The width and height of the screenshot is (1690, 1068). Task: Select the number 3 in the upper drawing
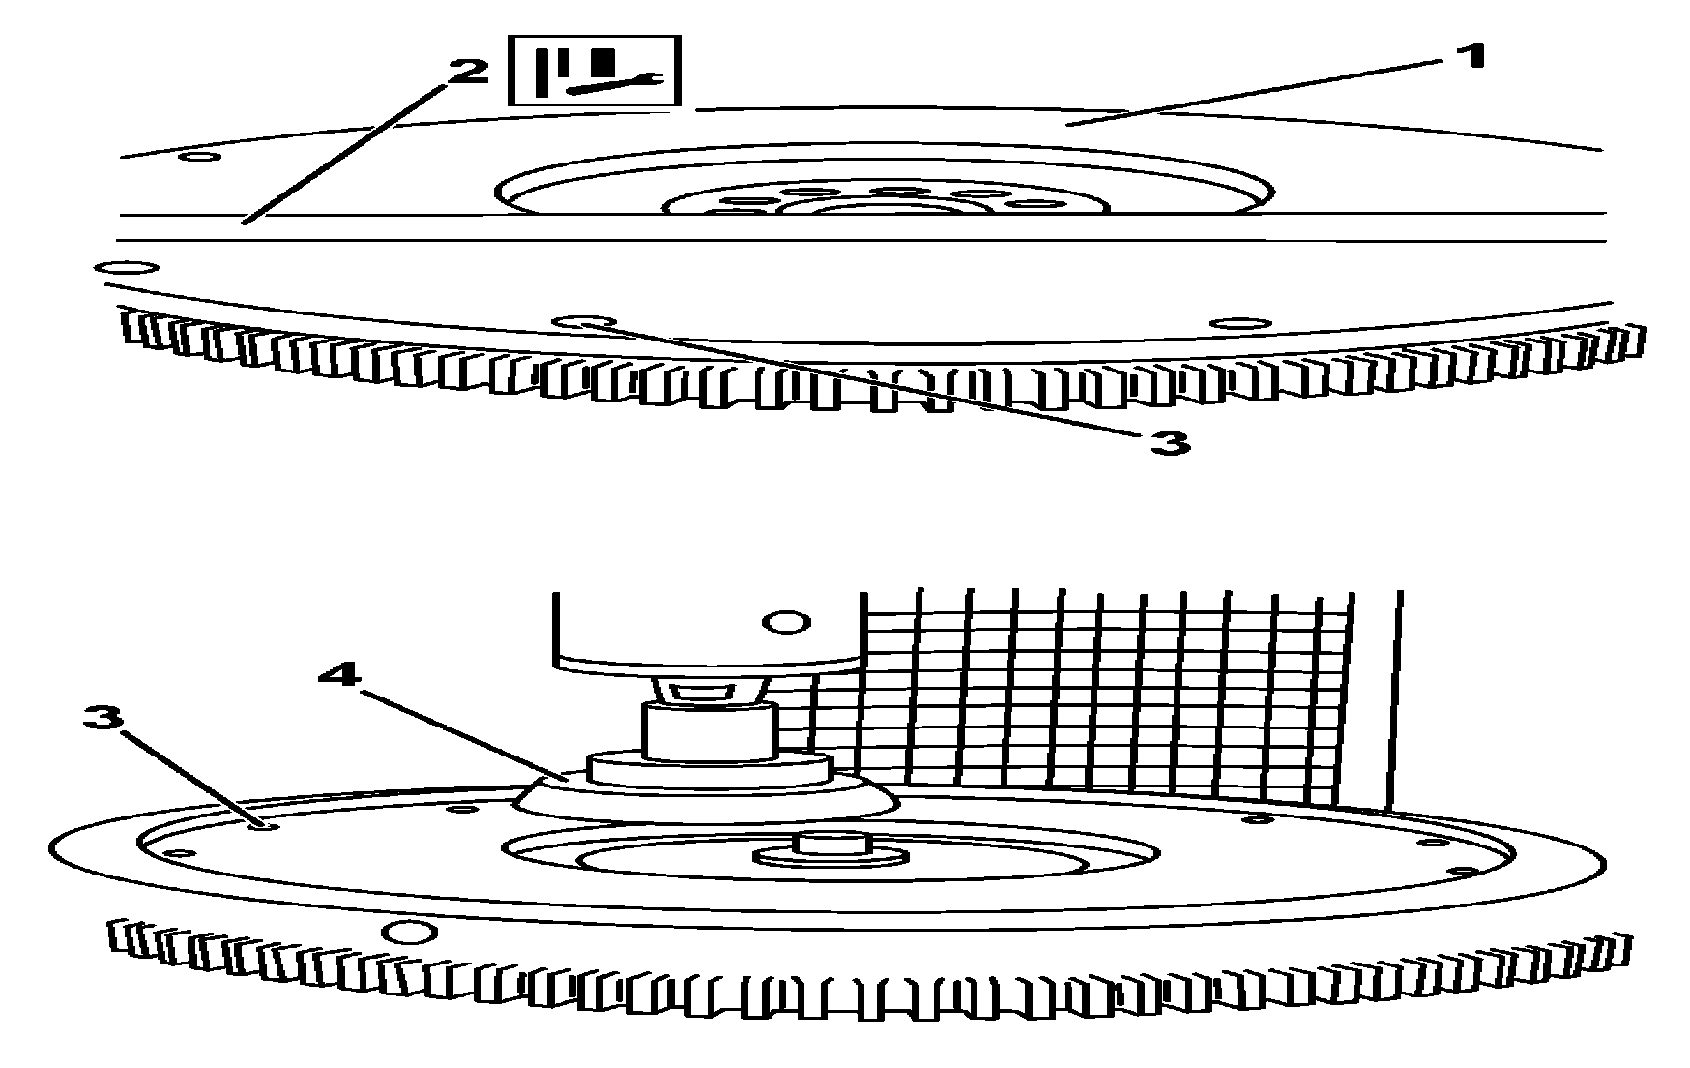(x=1169, y=443)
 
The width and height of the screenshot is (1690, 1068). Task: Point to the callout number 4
(x=339, y=674)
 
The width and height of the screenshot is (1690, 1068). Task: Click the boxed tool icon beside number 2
(x=595, y=71)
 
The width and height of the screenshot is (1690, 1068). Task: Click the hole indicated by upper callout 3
(x=578, y=322)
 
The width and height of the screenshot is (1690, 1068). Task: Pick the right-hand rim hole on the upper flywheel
(x=1238, y=323)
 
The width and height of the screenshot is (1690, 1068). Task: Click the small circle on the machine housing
(x=788, y=621)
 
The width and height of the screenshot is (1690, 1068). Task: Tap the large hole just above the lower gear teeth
(x=408, y=932)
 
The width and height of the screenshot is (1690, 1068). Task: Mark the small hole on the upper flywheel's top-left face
(x=200, y=156)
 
